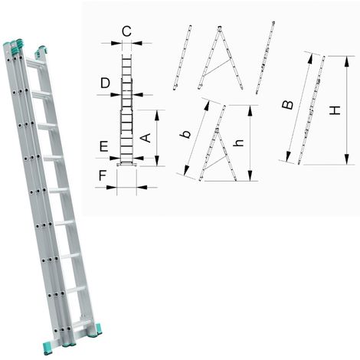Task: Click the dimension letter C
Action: click(126, 31)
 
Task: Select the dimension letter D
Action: click(105, 83)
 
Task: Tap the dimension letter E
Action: click(103, 146)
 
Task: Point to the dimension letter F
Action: click(103, 175)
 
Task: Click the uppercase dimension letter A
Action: click(146, 138)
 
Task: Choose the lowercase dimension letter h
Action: click(239, 143)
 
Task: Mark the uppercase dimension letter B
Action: click(288, 105)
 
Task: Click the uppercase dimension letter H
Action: click(335, 110)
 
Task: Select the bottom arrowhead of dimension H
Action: click(347, 159)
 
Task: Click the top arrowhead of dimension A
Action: click(157, 115)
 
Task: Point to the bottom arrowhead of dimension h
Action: click(250, 176)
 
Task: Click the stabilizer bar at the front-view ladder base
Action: click(126, 165)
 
